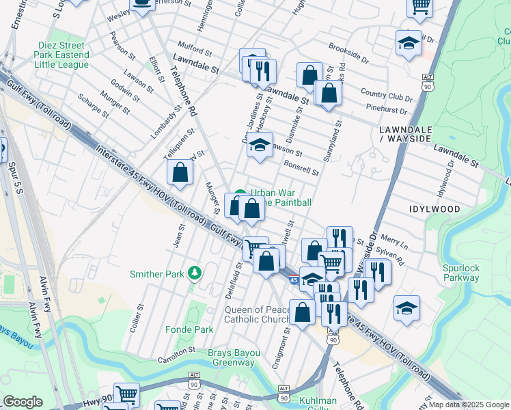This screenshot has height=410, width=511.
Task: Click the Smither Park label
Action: click(157, 274)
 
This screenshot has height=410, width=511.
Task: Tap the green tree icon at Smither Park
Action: click(195, 273)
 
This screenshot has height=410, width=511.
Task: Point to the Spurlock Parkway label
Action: click(461, 273)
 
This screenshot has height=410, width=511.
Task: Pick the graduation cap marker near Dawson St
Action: click(260, 144)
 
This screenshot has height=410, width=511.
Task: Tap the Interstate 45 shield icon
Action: click(292, 279)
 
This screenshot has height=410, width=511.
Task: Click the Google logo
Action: click(23, 402)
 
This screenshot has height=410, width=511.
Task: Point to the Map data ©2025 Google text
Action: click(469, 405)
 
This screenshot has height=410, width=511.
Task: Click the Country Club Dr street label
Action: click(383, 94)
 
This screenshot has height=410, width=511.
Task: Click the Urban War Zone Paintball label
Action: click(281, 197)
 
